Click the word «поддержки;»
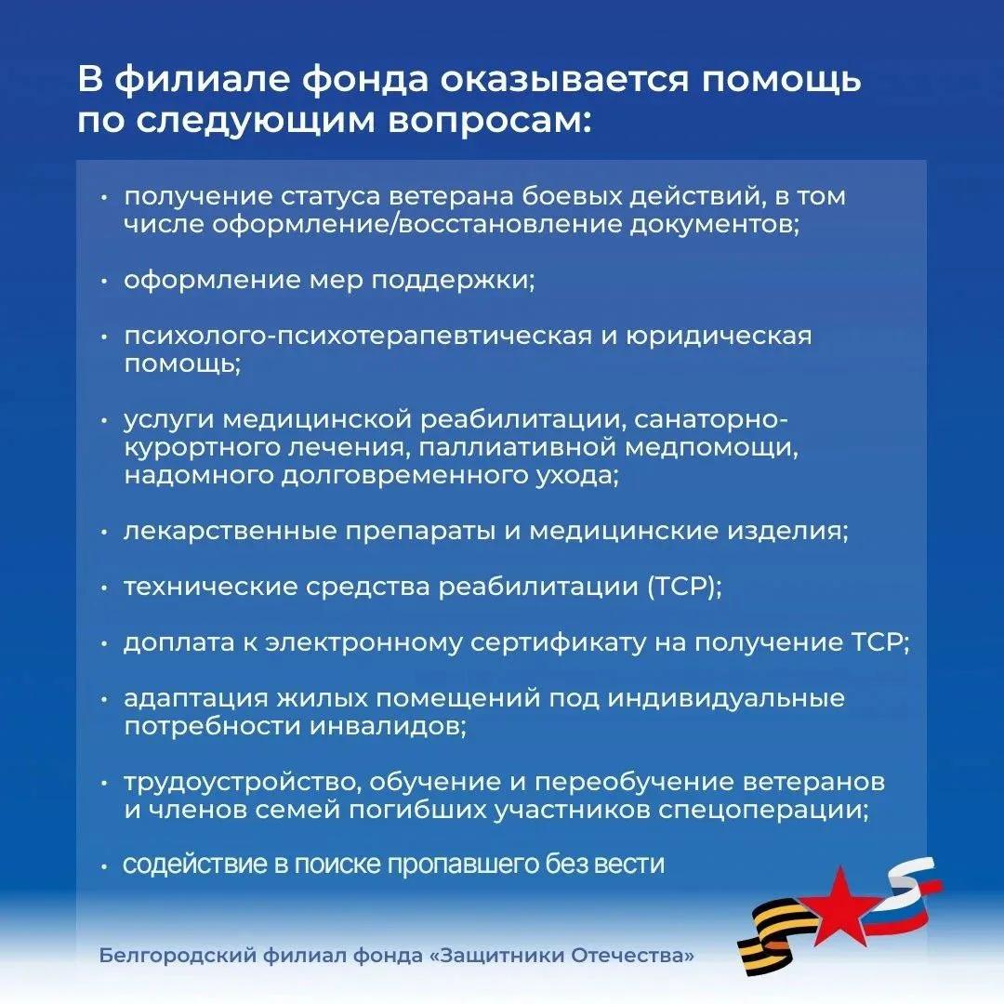(x=453, y=281)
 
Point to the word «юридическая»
(x=719, y=337)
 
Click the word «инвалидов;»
(x=388, y=726)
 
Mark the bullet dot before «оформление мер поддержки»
(x=104, y=282)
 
